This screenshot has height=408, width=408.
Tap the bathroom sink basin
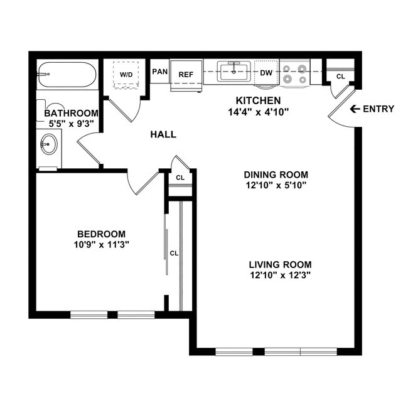click(48, 146)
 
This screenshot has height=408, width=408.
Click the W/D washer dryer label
click(126, 75)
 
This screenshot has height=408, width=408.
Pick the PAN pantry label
click(159, 72)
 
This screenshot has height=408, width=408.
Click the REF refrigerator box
click(186, 75)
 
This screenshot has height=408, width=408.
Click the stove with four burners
click(294, 73)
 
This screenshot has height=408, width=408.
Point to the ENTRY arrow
click(355, 109)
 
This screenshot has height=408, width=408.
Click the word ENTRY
click(378, 109)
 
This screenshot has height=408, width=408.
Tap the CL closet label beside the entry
click(340, 77)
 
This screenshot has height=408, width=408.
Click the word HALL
click(163, 134)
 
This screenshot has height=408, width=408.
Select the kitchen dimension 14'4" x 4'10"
click(257, 112)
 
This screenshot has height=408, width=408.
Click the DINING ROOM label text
click(277, 174)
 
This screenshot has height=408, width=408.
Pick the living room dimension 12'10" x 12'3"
click(280, 275)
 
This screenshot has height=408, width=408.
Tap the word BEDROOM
click(101, 234)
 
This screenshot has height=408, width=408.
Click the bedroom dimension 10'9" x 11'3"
click(101, 244)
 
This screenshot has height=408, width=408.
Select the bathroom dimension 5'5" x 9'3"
click(71, 124)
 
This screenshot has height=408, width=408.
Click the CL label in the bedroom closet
click(174, 254)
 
